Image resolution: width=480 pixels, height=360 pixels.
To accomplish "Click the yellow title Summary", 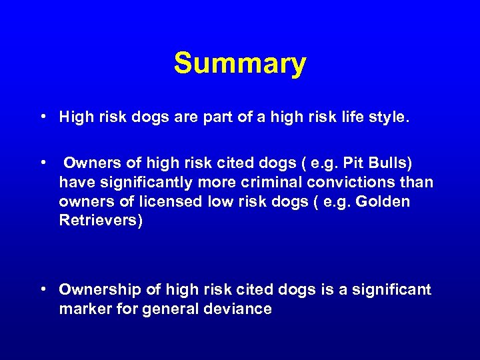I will click(x=240, y=64).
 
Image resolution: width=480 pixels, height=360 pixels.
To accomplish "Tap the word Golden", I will click(x=384, y=201).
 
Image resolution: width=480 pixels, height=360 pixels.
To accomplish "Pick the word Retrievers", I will click(x=101, y=221).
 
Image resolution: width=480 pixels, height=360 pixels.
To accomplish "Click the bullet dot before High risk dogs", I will click(x=42, y=118).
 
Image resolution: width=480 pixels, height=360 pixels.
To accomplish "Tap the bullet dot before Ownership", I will click(x=42, y=290).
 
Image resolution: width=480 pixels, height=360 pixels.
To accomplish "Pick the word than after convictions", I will click(x=417, y=182).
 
